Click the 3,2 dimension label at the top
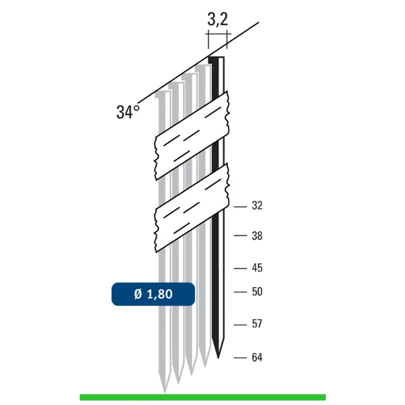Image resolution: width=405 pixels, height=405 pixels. pos(218,19)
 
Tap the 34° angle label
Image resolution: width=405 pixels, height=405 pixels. pos(128,112)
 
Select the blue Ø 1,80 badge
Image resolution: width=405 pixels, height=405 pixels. pos(153,294)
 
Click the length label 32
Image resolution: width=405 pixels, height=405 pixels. pos(257,205)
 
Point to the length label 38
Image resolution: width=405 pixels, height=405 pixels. pos(257,236)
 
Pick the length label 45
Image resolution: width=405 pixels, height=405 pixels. pos(257,268)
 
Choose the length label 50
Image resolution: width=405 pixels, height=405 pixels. pos(257,292)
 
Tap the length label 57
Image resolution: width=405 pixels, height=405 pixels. pos(257,324)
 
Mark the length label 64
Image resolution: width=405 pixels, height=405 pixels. pos(257,357)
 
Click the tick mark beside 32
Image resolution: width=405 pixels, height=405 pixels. pos(240,207)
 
